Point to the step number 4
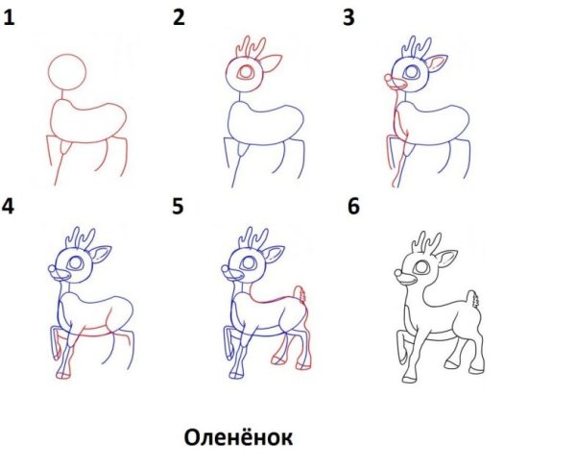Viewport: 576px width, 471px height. (10, 206)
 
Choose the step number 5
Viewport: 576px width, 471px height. (179, 206)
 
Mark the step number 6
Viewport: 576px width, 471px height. (353, 206)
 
